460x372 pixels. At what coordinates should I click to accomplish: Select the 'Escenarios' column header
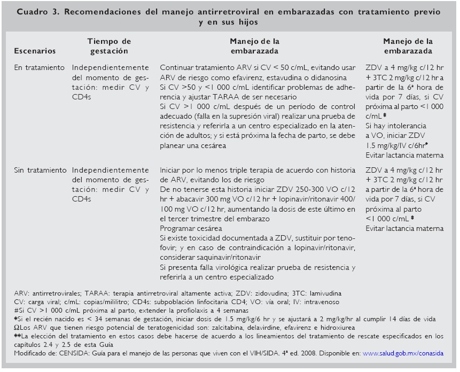coord(34,51)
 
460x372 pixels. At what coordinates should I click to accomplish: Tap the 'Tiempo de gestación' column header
coord(108,46)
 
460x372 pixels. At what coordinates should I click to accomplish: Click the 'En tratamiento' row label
coord(40,68)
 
